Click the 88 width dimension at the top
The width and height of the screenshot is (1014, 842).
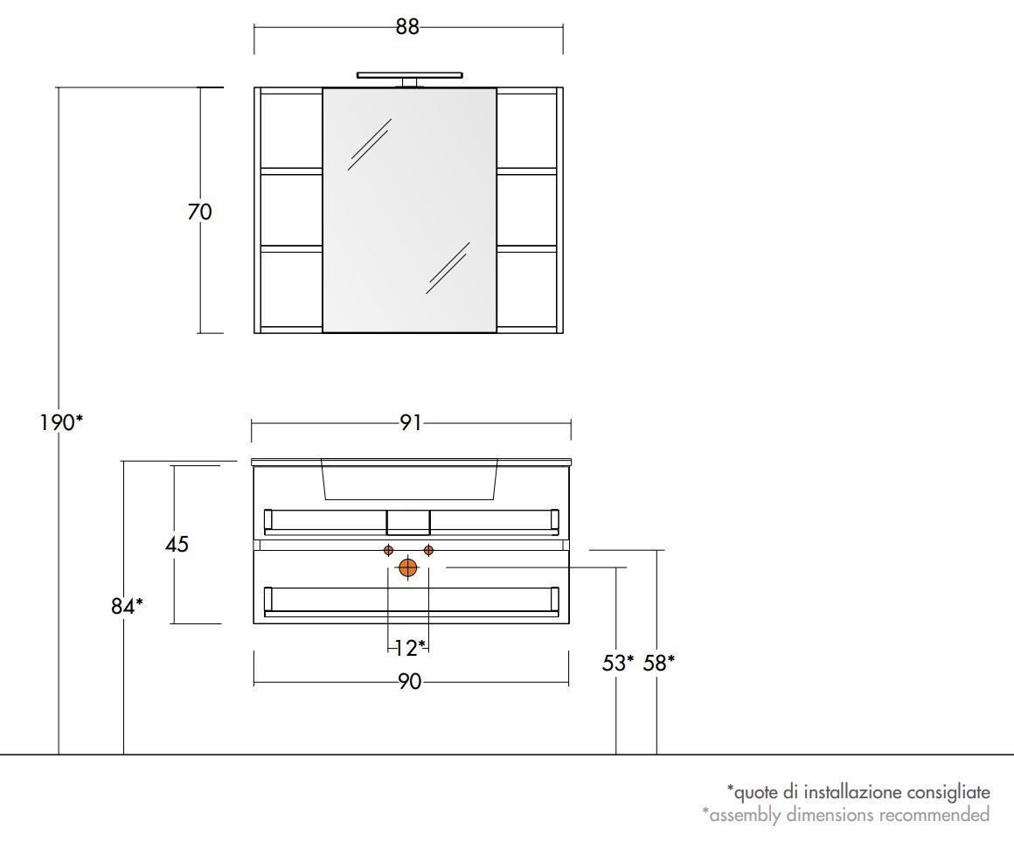coord(407,27)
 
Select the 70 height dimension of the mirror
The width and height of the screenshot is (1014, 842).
coord(199,212)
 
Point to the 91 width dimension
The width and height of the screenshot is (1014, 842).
coord(411,423)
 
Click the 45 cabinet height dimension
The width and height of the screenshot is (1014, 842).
coord(177,544)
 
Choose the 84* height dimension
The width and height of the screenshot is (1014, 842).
coord(127,605)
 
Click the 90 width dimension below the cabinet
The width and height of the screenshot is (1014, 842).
coord(410,682)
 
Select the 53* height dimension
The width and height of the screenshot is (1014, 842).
coord(618,663)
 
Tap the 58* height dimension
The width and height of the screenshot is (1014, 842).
coord(658,663)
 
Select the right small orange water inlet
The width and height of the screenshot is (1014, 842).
coord(428,550)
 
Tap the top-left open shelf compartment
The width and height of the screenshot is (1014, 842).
coord(292,129)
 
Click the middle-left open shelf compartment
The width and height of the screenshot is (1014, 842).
coord(292,210)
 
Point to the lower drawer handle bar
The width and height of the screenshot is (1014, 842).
coord(410,613)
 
